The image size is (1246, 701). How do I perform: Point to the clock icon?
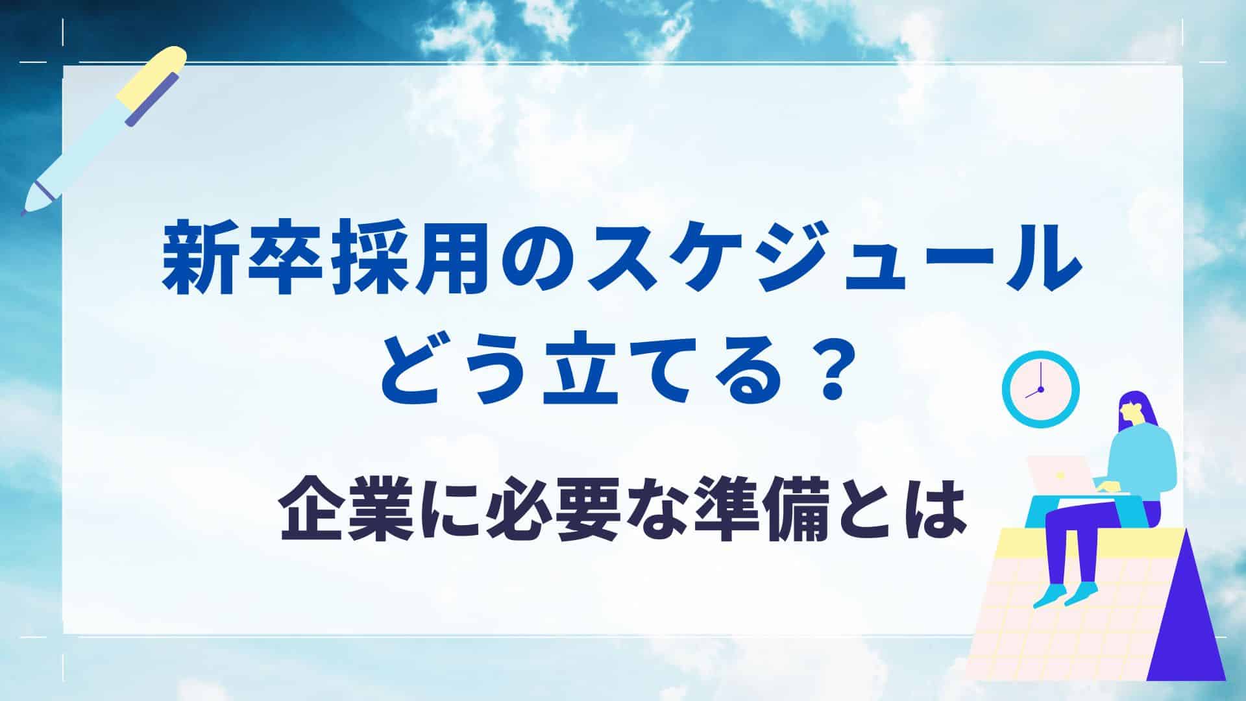pos(1040,389)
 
